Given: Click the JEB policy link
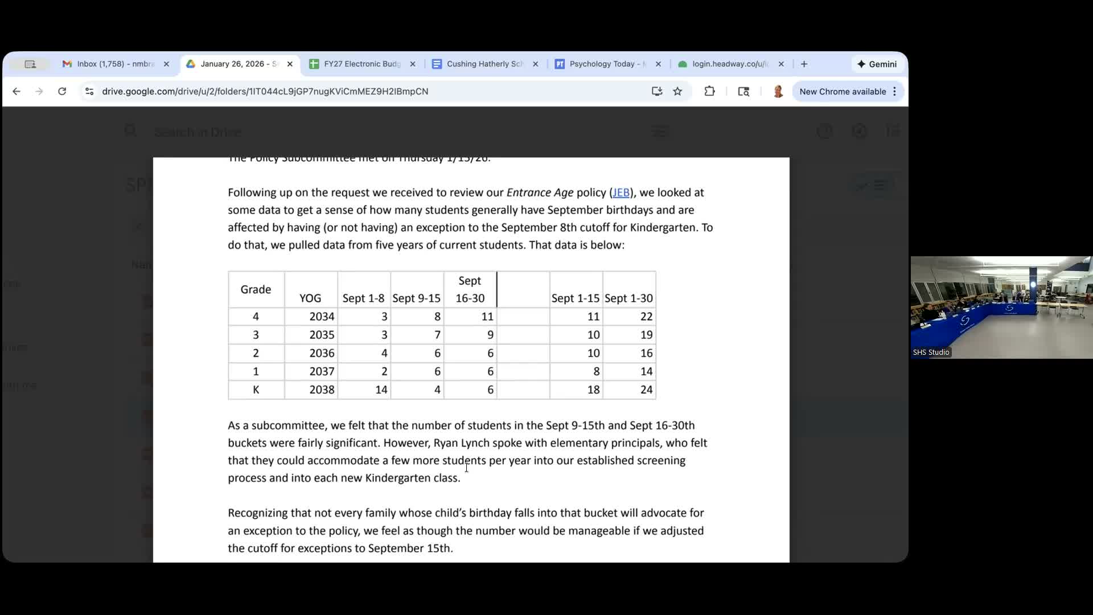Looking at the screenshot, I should tap(621, 192).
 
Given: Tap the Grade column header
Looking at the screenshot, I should tap(256, 289).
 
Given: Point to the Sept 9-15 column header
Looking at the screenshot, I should tap(416, 298).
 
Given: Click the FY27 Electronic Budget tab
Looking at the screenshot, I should tap(362, 64).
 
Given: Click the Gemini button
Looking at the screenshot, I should tap(877, 64).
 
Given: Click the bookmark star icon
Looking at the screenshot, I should tap(677, 91).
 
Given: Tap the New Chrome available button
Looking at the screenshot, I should tap(843, 91).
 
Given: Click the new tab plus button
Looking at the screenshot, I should tap(804, 64).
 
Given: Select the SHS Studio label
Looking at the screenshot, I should tap(931, 352).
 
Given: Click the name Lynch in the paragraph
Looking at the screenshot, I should tap(475, 443).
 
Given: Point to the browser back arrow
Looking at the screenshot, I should tap(17, 91).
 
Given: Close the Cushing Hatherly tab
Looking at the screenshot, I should tap(535, 64).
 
